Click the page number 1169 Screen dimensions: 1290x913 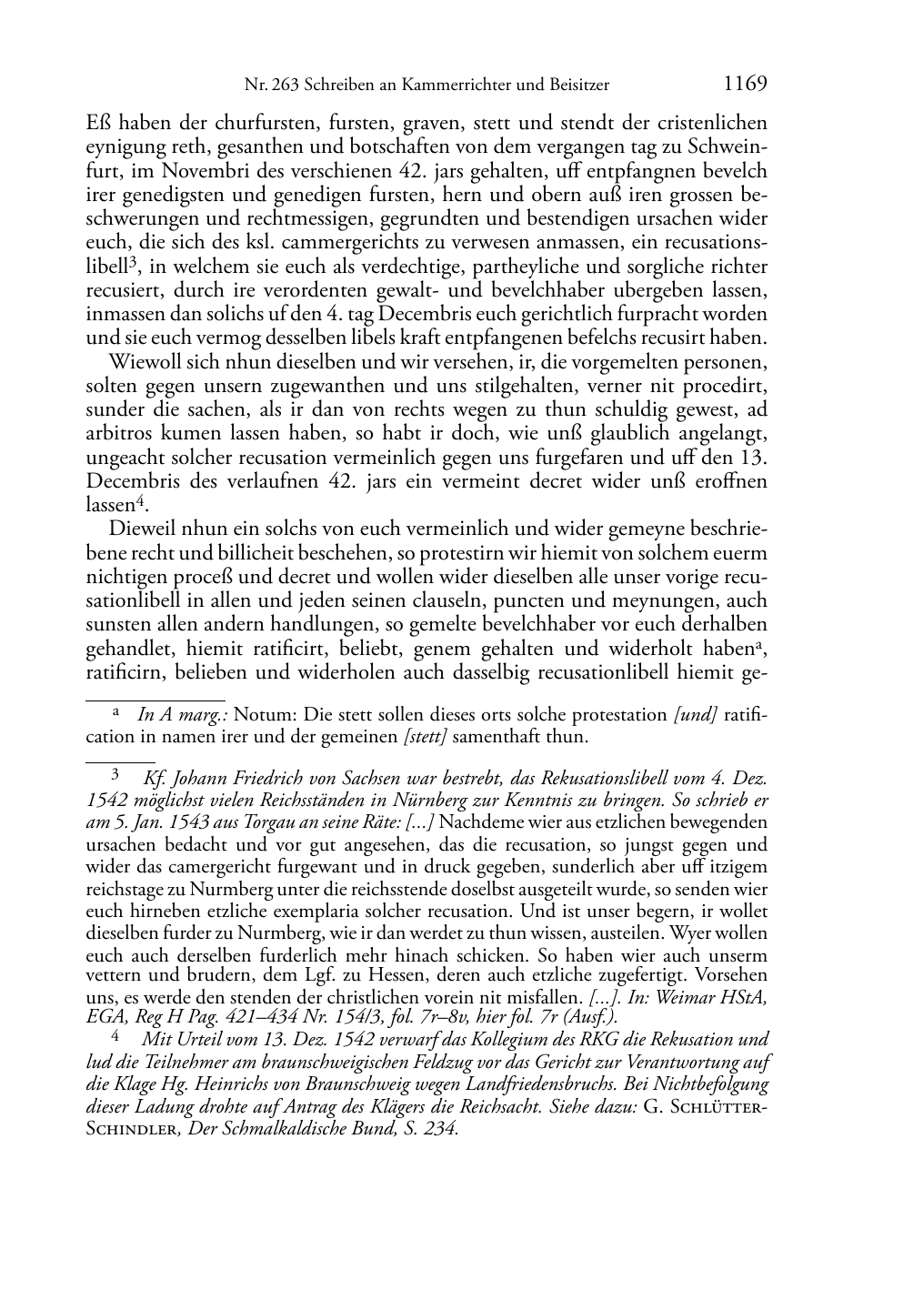tap(745, 85)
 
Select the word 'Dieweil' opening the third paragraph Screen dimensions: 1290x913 tap(140, 529)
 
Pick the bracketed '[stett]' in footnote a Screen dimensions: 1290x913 tap(426, 737)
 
